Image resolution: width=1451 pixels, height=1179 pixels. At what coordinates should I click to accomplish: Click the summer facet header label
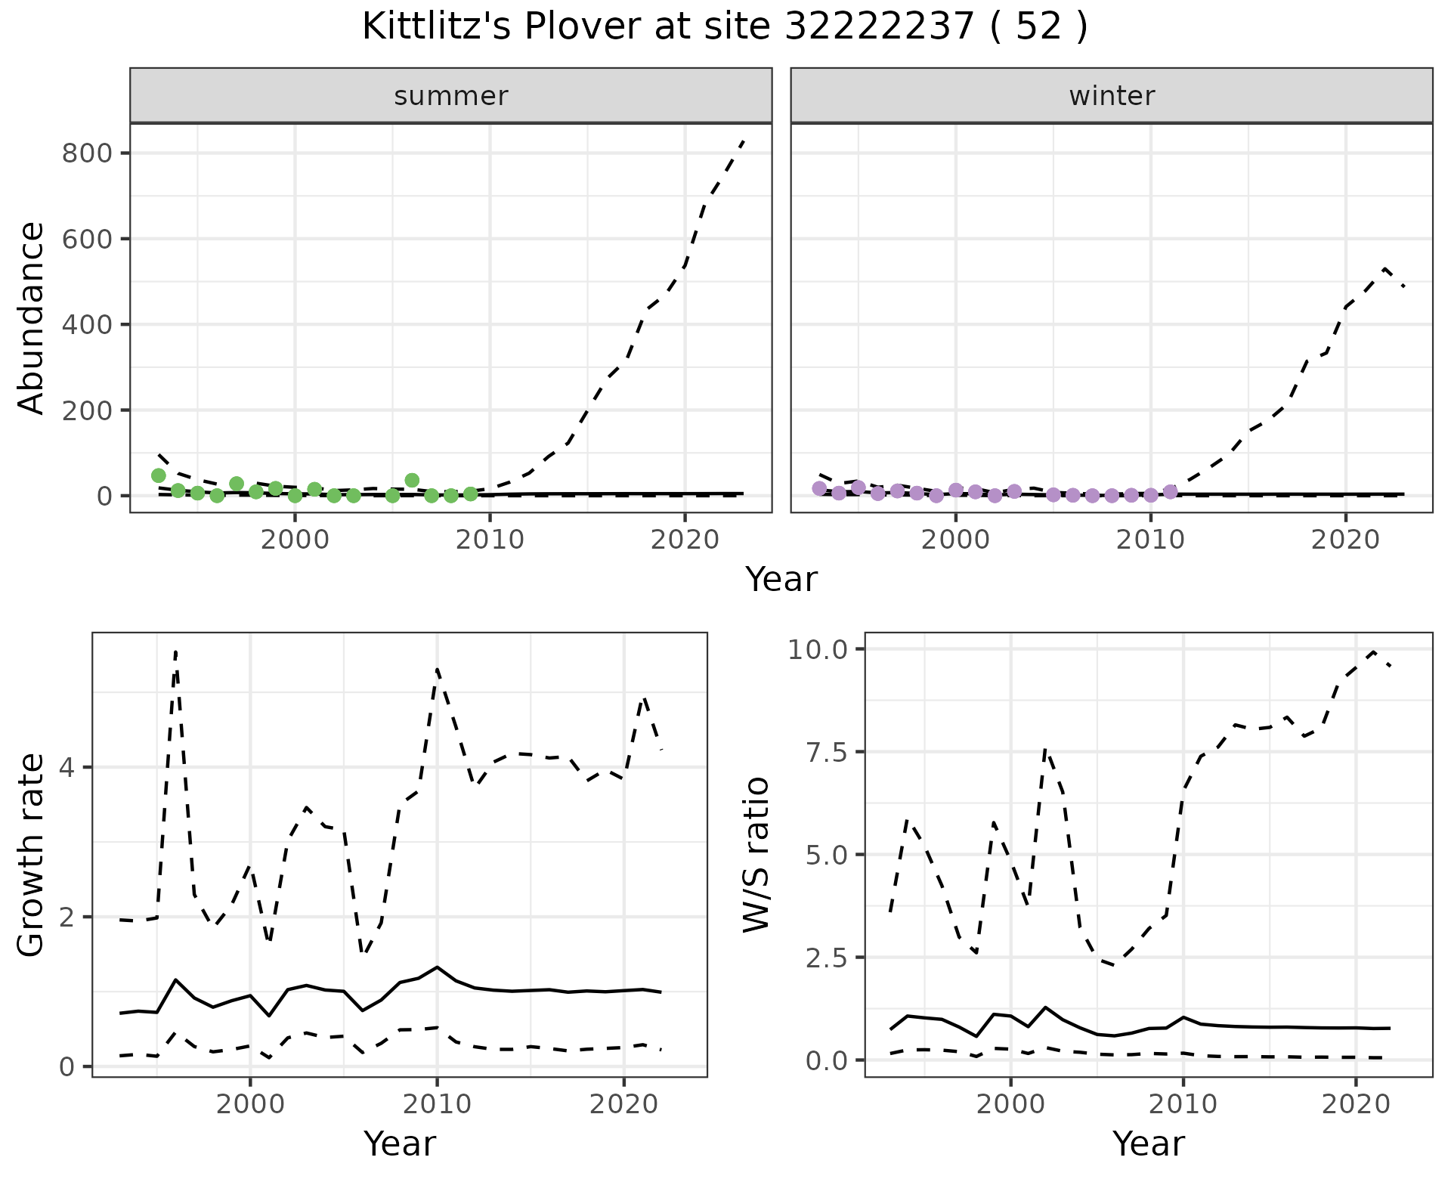click(451, 96)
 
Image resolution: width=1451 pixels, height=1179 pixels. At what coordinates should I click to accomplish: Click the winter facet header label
click(1112, 96)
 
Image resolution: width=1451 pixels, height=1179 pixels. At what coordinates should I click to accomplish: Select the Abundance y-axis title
click(31, 317)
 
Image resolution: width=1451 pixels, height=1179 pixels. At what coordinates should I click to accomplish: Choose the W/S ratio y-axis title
click(756, 854)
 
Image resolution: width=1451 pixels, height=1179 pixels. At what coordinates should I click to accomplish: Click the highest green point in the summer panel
click(159, 475)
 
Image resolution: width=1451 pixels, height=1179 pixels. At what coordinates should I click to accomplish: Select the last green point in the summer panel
click(471, 494)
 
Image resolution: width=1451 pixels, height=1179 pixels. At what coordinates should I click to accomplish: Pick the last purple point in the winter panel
click(1171, 492)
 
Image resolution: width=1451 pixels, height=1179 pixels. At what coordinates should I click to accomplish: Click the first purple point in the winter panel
click(819, 488)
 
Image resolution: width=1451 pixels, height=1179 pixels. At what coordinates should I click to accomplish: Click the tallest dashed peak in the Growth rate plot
click(175, 651)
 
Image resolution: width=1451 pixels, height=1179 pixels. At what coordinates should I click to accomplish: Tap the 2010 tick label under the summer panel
click(490, 540)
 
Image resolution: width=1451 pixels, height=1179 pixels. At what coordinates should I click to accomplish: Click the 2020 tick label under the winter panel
click(1345, 540)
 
